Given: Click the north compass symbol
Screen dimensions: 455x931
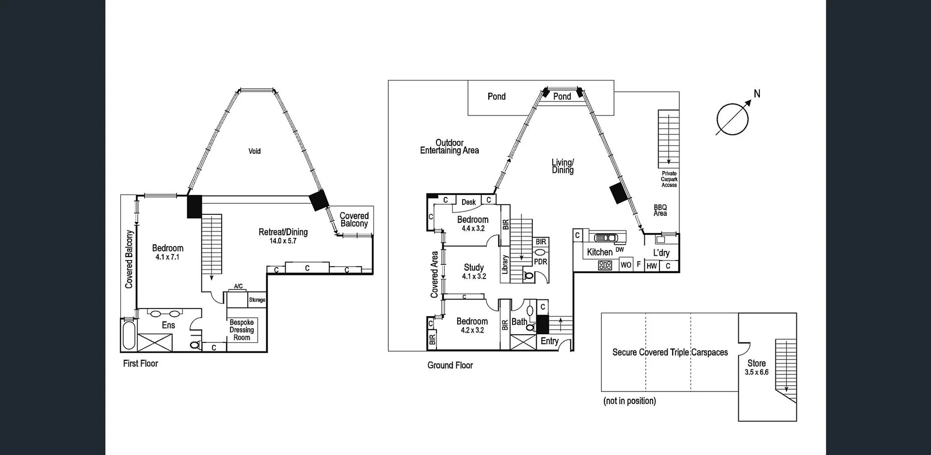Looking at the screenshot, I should (x=732, y=119).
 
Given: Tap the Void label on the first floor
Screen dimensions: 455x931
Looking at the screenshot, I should (x=255, y=151).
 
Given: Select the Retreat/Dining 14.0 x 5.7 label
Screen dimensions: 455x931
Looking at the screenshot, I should (x=283, y=236).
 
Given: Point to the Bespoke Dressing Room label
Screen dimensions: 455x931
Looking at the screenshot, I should (x=241, y=330).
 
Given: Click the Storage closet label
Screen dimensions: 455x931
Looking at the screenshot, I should (x=257, y=300).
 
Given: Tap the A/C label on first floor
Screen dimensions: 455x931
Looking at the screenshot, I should (x=238, y=286).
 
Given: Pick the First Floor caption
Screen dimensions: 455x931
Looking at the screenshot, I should (x=141, y=363).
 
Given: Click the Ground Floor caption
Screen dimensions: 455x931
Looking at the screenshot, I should (x=450, y=365).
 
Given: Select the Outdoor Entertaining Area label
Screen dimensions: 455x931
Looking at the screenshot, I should (x=449, y=146).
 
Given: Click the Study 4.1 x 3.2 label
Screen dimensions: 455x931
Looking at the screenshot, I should (x=474, y=271).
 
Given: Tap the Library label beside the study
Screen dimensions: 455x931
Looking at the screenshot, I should (x=505, y=264).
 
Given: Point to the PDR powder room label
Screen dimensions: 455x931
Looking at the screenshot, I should (x=540, y=261).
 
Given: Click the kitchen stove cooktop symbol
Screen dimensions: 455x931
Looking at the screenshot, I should (x=605, y=265).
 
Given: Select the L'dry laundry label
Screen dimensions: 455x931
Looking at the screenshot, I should (x=661, y=253).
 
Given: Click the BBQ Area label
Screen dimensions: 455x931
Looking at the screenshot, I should (x=660, y=210).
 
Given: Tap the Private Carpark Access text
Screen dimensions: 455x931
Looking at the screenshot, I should (x=669, y=179).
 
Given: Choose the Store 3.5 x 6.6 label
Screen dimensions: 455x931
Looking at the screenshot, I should (x=756, y=367).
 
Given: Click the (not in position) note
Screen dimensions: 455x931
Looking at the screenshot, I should (x=629, y=401).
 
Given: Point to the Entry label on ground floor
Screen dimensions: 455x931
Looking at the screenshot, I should (x=549, y=341).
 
